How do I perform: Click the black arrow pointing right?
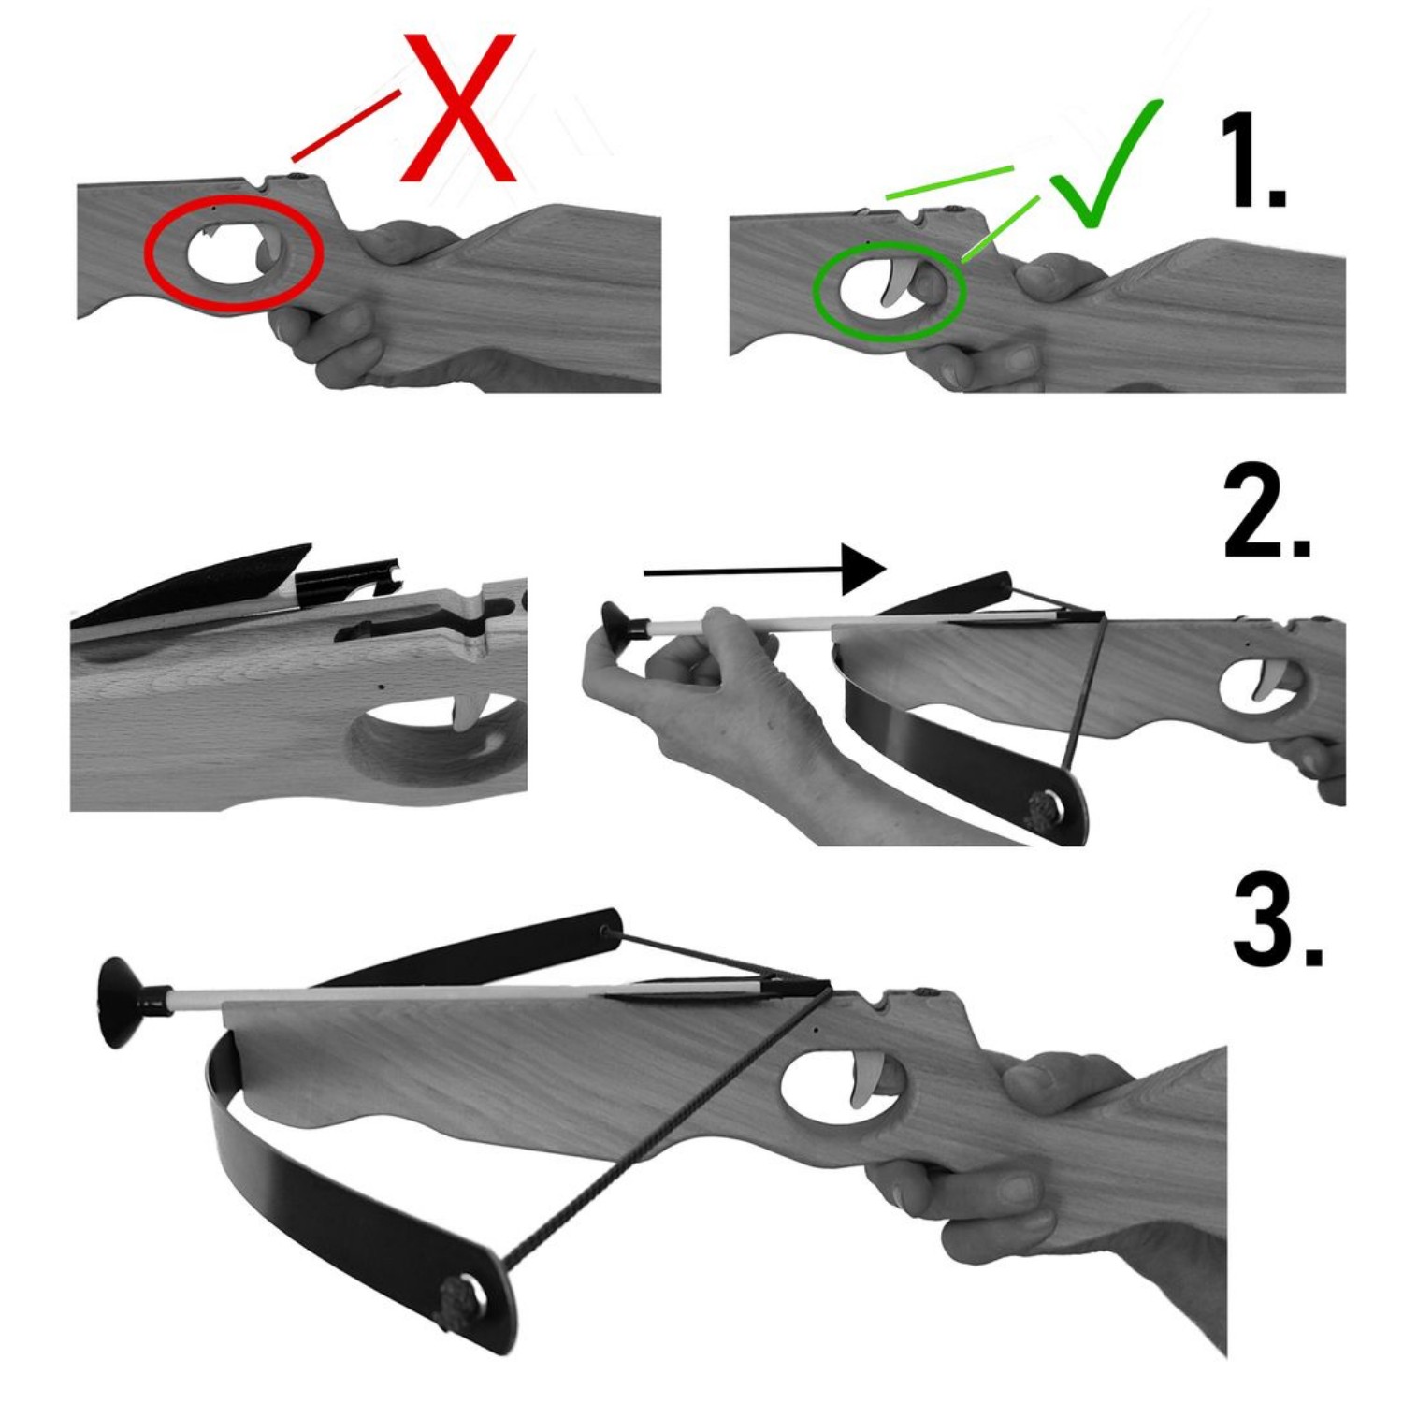point(765,570)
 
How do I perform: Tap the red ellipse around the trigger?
point(234,251)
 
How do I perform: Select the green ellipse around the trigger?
point(889,290)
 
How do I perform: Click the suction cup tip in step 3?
point(126,1001)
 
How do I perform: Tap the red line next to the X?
point(346,124)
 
